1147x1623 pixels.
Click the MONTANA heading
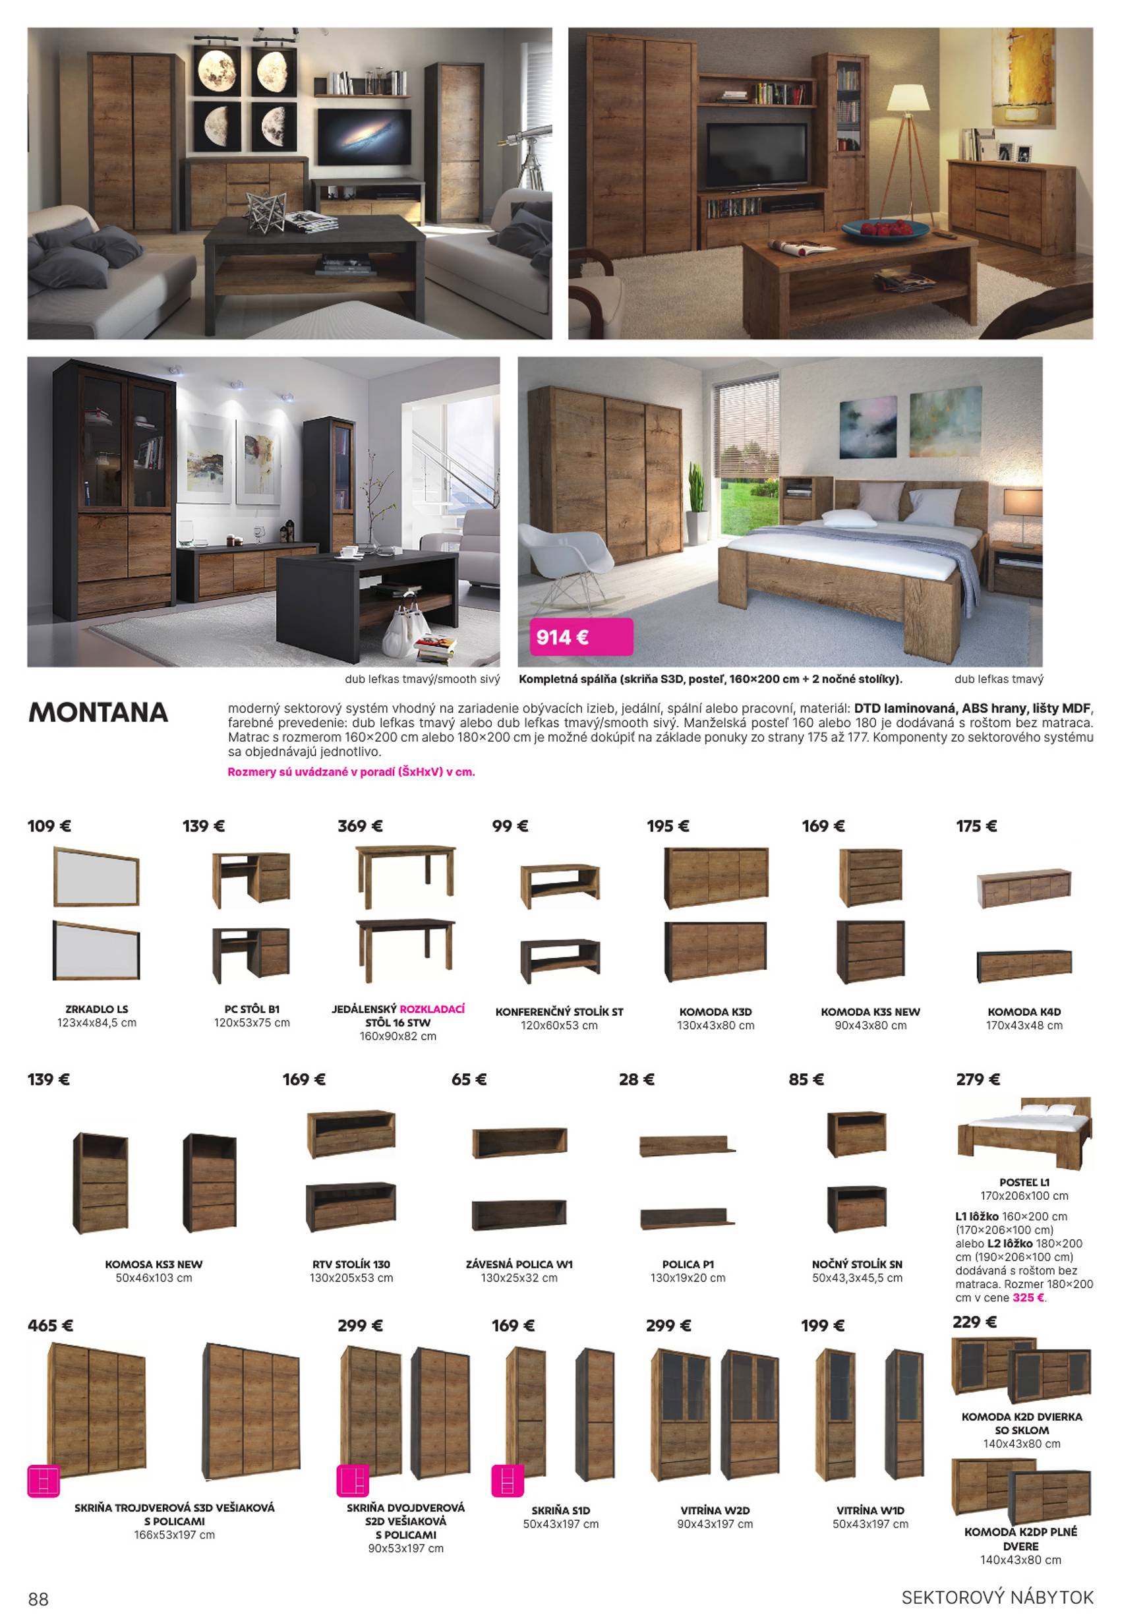coord(98,713)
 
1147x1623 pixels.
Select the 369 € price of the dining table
coord(360,825)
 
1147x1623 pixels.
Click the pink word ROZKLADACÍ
coord(432,1009)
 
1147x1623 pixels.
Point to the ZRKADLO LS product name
coord(97,1009)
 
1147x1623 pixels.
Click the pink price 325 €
coord(1028,1297)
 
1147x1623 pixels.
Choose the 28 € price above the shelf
coord(636,1079)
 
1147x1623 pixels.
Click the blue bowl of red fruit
coord(885,229)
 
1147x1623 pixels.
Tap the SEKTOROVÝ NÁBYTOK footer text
coord(997,1597)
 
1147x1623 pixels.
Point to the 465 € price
coord(50,1326)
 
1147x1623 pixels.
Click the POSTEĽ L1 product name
coord(1024,1182)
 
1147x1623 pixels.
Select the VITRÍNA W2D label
coord(715,1511)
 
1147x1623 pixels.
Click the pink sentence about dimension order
coord(351,772)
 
